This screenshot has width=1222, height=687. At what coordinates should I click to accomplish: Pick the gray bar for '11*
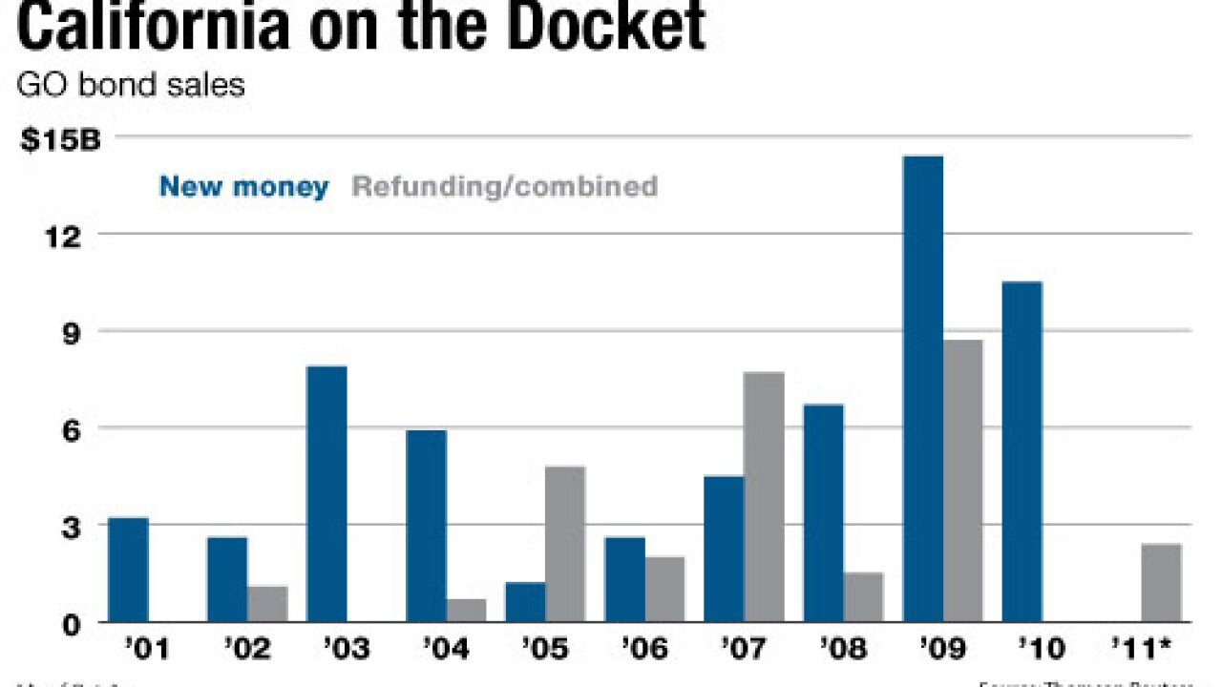[x=1161, y=583]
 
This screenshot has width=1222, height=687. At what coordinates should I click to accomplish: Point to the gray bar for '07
[x=764, y=497]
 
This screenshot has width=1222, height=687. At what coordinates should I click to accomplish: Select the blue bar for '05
[x=525, y=602]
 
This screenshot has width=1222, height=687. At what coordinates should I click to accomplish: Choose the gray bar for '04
[x=466, y=611]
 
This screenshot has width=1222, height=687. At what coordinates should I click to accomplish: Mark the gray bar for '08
[x=863, y=597]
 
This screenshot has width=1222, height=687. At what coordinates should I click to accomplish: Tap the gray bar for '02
[x=267, y=604]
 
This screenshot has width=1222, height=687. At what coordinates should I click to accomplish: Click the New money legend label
[x=243, y=186]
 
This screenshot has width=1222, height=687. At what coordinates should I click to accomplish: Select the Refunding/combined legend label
[x=505, y=186]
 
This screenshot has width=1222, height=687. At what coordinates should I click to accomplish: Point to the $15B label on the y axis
[x=59, y=140]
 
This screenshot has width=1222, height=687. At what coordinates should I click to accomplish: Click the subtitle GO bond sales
[x=131, y=85]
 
